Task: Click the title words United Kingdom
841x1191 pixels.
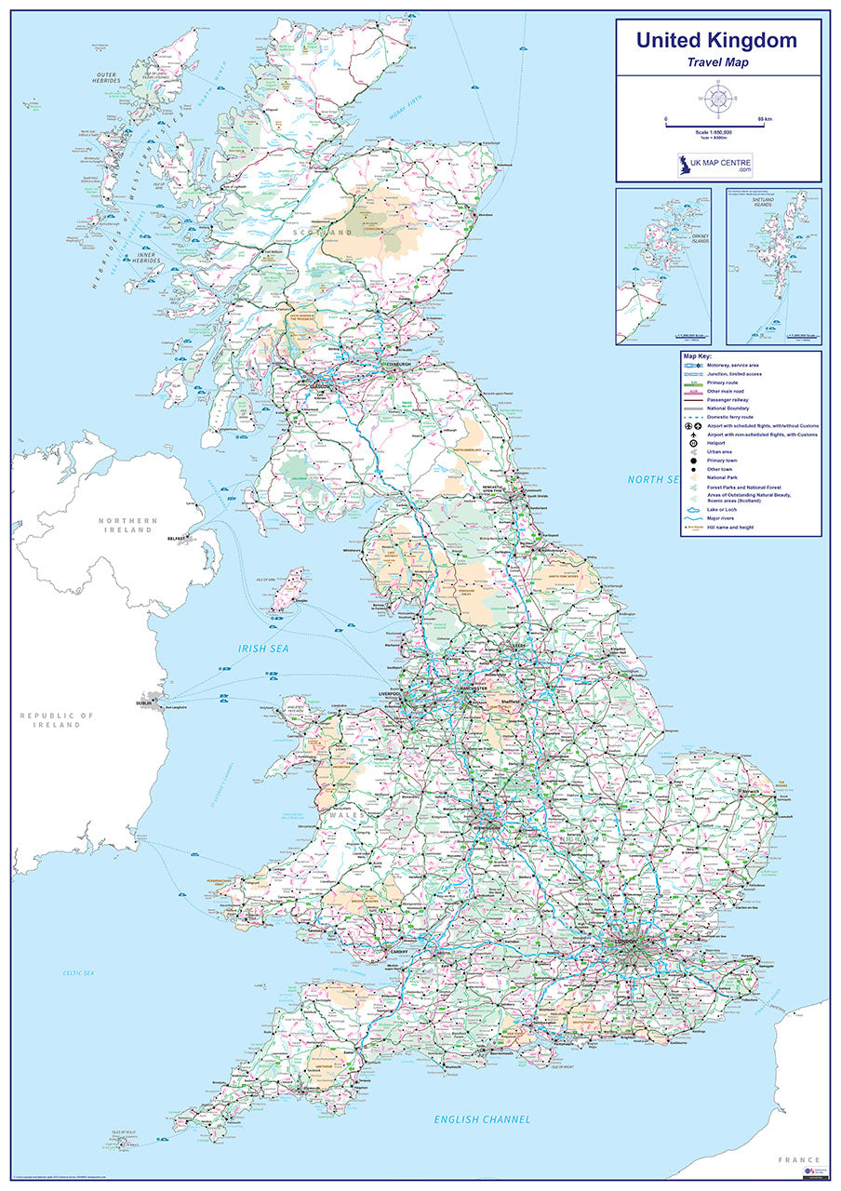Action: [716, 40]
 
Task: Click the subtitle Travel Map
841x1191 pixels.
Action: [717, 62]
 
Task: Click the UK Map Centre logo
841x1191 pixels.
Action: [716, 167]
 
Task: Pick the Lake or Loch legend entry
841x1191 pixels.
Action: [721, 511]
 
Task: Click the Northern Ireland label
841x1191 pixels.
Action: [128, 525]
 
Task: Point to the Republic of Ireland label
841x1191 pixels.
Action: [58, 720]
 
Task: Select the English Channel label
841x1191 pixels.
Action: [482, 1119]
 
